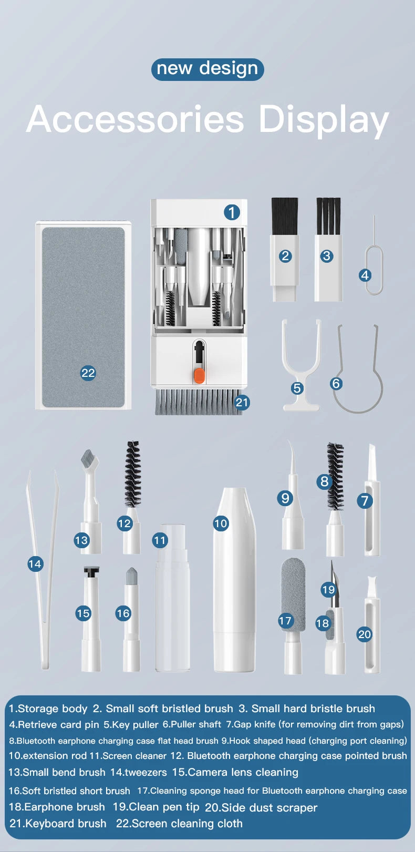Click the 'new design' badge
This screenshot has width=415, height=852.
click(207, 69)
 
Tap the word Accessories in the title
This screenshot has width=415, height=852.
click(135, 119)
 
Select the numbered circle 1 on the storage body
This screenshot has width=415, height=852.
click(232, 212)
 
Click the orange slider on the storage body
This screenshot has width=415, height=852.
click(199, 375)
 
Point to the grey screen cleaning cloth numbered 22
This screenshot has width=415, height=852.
click(83, 315)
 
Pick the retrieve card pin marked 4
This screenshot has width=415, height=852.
click(374, 263)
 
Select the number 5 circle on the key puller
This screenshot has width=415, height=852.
click(297, 388)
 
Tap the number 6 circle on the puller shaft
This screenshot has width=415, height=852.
click(336, 383)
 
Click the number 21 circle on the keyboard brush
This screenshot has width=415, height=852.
click(242, 402)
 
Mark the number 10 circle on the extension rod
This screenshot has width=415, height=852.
click(221, 523)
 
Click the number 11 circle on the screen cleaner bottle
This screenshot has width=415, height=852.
click(160, 540)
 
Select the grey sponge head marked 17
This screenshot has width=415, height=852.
click(293, 589)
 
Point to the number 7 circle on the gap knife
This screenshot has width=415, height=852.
click(365, 500)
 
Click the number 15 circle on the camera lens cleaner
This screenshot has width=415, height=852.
click(83, 613)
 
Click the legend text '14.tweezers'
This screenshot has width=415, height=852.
click(138, 772)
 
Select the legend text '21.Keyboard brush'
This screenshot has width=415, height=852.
click(58, 823)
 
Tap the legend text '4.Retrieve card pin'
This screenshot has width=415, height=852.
click(54, 724)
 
